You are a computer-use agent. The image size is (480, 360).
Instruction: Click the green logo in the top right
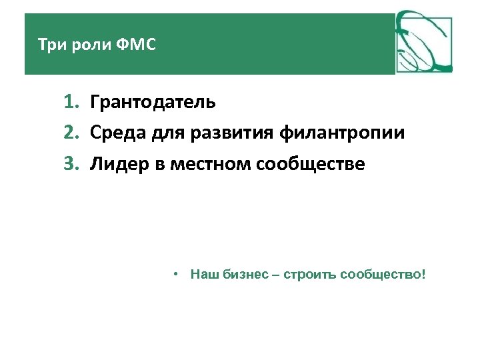coord(424,42)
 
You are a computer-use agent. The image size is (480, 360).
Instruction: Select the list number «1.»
coord(72,103)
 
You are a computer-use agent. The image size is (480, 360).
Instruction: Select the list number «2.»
coord(72,133)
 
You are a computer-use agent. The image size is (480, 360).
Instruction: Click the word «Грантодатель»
coord(153,103)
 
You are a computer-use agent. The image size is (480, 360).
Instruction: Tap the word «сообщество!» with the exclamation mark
coord(382,275)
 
